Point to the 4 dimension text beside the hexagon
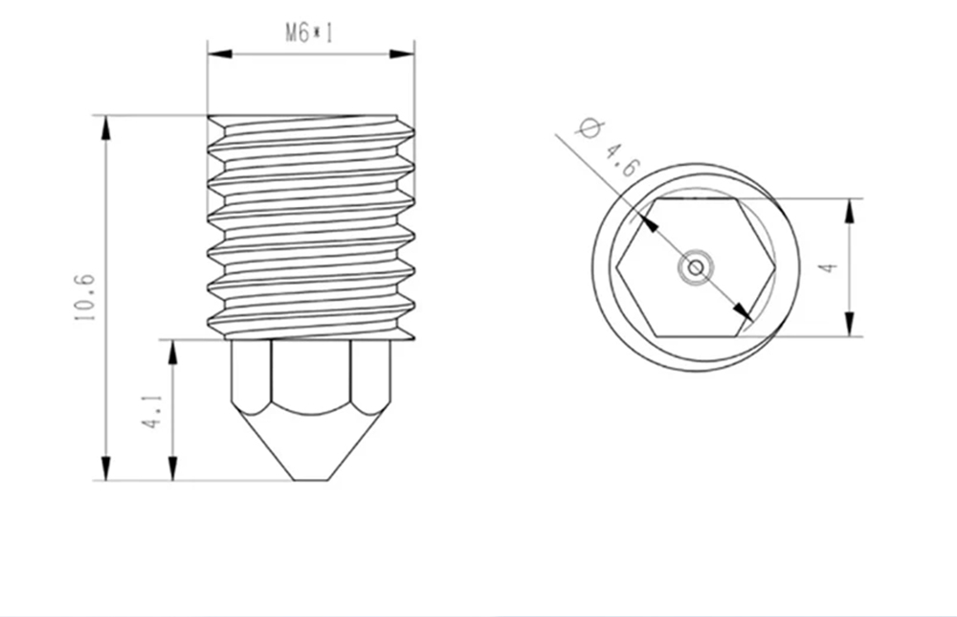point(830,267)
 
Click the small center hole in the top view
point(696,267)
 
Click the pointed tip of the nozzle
point(311,478)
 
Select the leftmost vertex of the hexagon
point(618,267)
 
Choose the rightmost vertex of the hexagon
point(773,267)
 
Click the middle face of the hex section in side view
point(311,374)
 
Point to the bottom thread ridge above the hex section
point(311,326)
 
